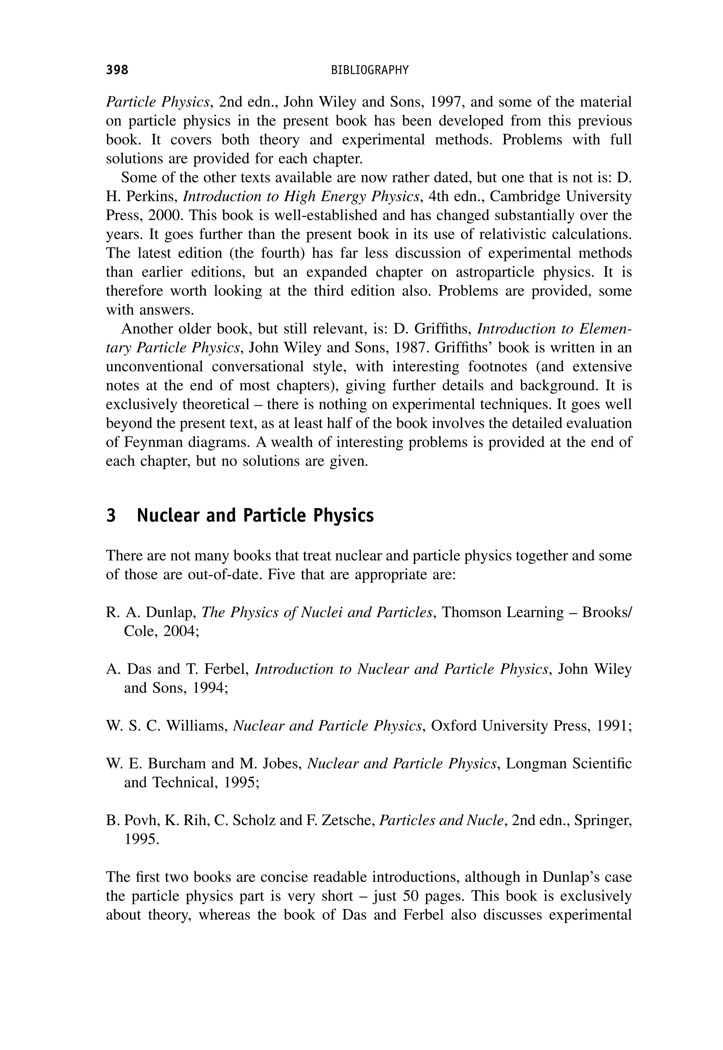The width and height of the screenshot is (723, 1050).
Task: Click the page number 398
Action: (117, 70)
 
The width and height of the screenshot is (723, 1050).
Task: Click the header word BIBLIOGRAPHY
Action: (370, 70)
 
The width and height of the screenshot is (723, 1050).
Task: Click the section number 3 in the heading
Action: (111, 516)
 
